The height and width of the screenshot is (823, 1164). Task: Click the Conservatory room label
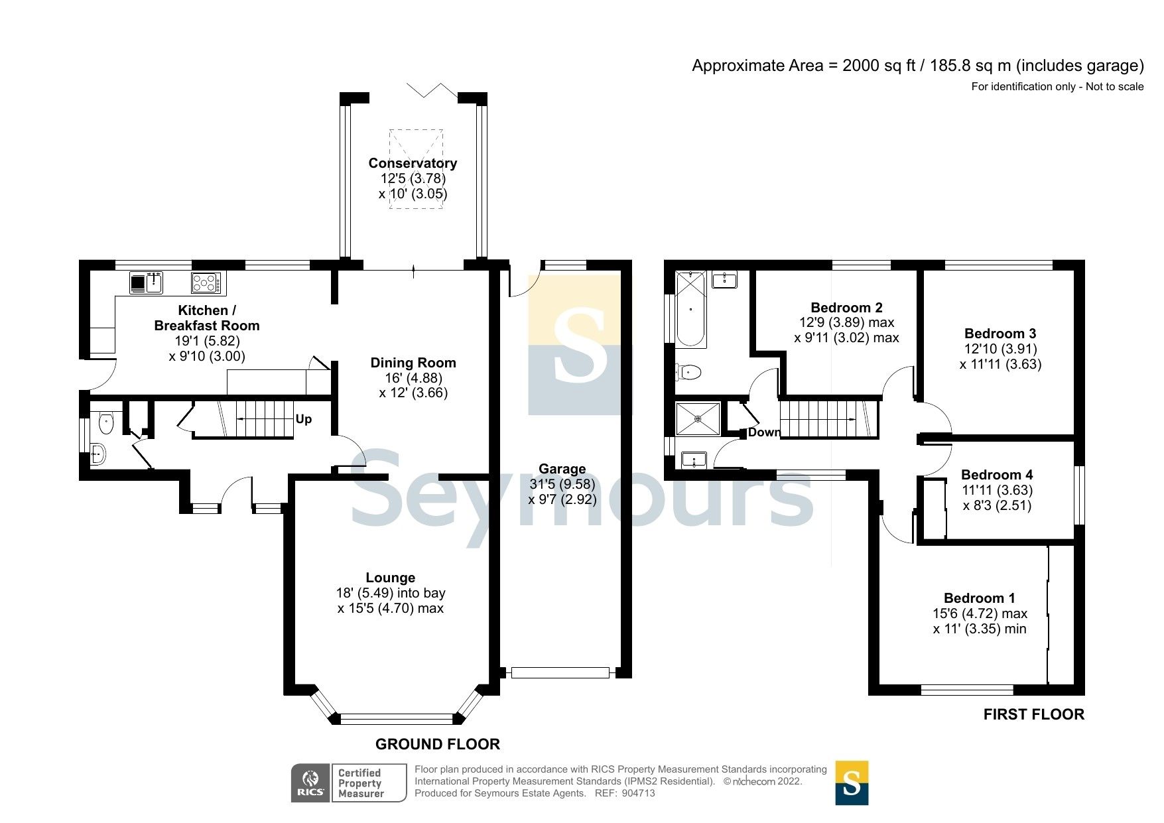pyautogui.click(x=413, y=163)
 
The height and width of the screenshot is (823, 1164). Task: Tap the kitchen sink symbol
pyautogui.click(x=146, y=283)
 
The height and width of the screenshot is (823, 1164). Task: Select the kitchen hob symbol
pyautogui.click(x=208, y=283)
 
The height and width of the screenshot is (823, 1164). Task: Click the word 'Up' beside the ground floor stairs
pyautogui.click(x=304, y=419)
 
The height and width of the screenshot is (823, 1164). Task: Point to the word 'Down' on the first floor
pyautogui.click(x=764, y=432)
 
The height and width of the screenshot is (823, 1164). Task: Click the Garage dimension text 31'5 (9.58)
pyautogui.click(x=562, y=484)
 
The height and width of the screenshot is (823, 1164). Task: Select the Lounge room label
pyautogui.click(x=390, y=578)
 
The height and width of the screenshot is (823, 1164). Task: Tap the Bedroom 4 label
pyautogui.click(x=997, y=475)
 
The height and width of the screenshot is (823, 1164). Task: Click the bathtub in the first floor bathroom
pyautogui.click(x=691, y=310)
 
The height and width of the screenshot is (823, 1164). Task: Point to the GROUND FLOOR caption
pyautogui.click(x=437, y=744)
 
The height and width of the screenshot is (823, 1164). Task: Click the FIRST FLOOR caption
pyautogui.click(x=1033, y=714)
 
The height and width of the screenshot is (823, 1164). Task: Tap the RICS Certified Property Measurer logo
pyautogui.click(x=349, y=783)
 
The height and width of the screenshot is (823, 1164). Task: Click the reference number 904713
pyautogui.click(x=639, y=793)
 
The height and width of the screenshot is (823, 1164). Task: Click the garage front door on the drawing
pyautogui.click(x=560, y=673)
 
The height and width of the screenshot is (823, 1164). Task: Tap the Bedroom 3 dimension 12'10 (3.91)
pyautogui.click(x=1000, y=349)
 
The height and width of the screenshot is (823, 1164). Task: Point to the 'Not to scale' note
pyautogui.click(x=1114, y=86)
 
